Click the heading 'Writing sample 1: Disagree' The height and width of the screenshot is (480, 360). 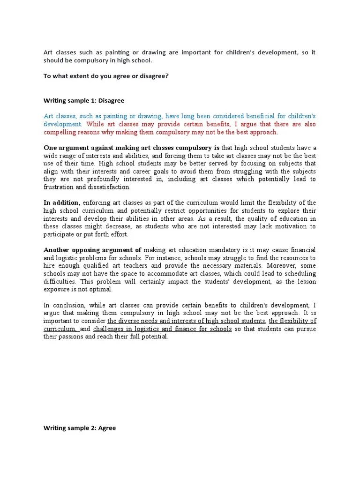[84, 100]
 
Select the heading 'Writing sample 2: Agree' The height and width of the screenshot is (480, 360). [80, 428]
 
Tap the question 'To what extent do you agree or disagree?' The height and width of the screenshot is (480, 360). [106, 76]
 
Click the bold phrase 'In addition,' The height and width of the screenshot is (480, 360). [62, 202]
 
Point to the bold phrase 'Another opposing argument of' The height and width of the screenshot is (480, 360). [92, 250]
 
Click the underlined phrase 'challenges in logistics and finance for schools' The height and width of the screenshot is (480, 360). [162, 329]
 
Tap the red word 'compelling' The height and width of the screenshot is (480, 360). [60, 132]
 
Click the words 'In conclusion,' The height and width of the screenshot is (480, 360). [64, 305]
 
